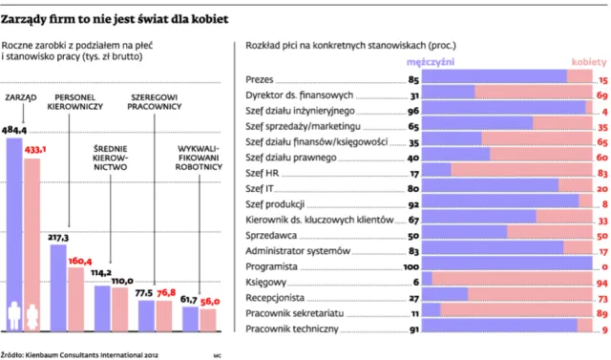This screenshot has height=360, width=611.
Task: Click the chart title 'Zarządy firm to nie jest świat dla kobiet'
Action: [115, 19]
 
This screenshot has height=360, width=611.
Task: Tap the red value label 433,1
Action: [35, 150]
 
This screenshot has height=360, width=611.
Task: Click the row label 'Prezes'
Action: [260, 80]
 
